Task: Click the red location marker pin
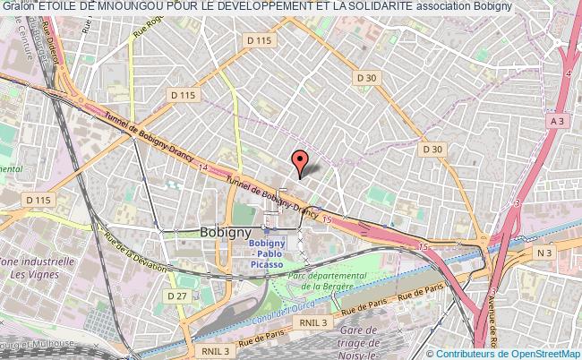pos(301,162)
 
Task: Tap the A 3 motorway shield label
pos(557,121)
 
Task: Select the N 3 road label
pos(544,253)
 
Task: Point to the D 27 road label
pos(176,295)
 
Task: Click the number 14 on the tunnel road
pos(206,167)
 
